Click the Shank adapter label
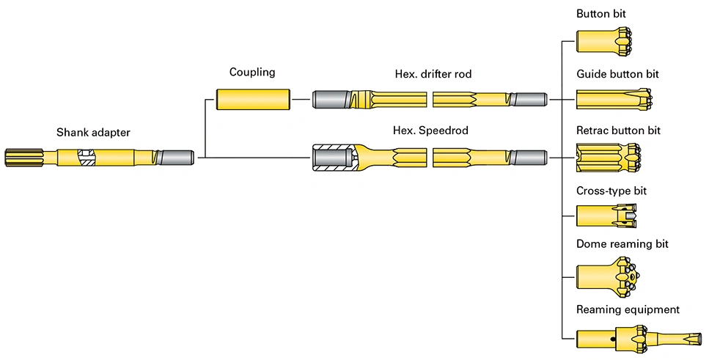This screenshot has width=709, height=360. [x=93, y=133]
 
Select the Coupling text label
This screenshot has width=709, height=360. [x=252, y=72]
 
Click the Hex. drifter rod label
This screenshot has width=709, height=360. [x=433, y=74]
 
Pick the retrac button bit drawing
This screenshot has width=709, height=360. [x=609, y=157]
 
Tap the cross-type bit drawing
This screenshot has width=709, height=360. [x=606, y=216]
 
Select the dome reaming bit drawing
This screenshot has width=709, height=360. [x=606, y=276]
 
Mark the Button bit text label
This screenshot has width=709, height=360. [x=601, y=14]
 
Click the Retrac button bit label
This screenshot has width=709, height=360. [x=618, y=131]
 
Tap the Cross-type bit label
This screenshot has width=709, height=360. [x=611, y=191]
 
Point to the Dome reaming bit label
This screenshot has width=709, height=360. [x=622, y=244]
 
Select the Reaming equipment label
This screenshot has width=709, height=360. [x=628, y=309]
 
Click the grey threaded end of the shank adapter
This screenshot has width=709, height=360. [x=176, y=157]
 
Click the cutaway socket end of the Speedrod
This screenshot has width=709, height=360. [x=334, y=157]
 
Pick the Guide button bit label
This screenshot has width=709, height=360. [x=617, y=74]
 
